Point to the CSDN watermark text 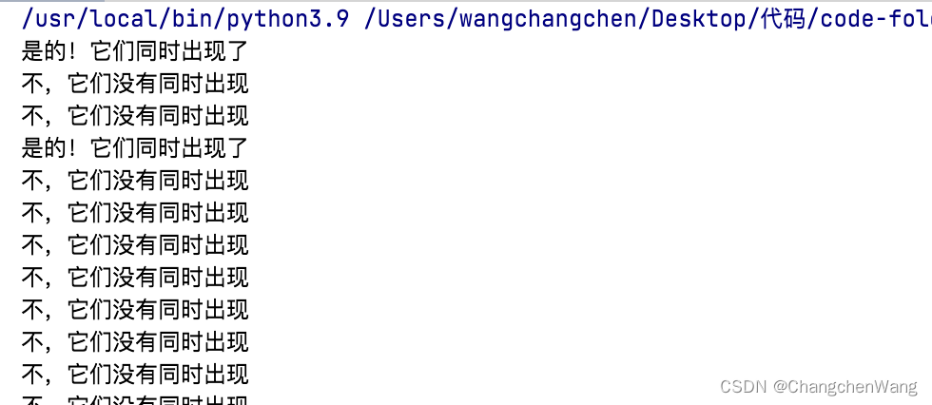click(743, 386)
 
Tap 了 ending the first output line click(238, 51)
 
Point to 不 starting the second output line click(31, 84)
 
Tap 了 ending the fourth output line click(238, 147)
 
